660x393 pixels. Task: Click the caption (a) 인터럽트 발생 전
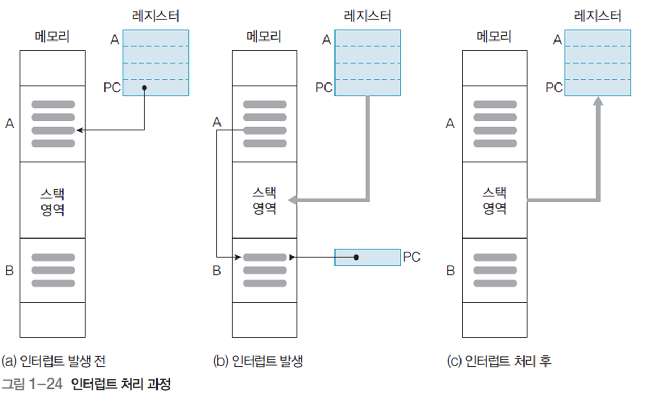(x=54, y=361)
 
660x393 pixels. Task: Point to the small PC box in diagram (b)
(x=368, y=257)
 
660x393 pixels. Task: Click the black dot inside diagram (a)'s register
(x=144, y=88)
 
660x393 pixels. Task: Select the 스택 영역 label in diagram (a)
(x=53, y=200)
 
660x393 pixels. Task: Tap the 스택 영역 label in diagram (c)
(x=494, y=200)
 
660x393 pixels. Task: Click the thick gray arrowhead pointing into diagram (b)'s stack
(x=294, y=200)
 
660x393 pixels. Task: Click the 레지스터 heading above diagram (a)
(x=155, y=16)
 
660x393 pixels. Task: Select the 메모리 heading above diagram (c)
(x=494, y=37)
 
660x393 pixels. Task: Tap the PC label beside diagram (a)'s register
(x=112, y=88)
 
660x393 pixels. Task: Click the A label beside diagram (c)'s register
(x=557, y=39)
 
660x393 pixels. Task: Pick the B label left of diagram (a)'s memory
(x=9, y=271)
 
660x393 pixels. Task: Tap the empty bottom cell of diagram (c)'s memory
(x=494, y=319)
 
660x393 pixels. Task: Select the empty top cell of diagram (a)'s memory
(x=53, y=68)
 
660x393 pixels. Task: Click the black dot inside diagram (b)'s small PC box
(x=357, y=257)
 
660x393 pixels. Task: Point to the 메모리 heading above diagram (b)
(x=264, y=37)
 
